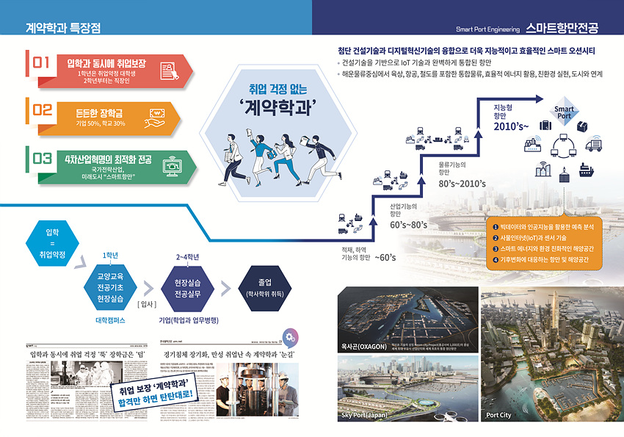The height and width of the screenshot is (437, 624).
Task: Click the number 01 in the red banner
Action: pyautogui.click(x=41, y=65)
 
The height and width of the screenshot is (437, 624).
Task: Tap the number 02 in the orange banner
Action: pyautogui.click(x=42, y=112)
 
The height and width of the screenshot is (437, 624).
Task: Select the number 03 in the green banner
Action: pyautogui.click(x=42, y=159)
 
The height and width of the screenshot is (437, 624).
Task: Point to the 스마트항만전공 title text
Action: pyautogui.click(x=562, y=29)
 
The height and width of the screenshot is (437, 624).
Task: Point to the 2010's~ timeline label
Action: pyautogui.click(x=512, y=126)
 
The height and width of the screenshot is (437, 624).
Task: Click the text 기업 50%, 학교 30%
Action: pyautogui.click(x=101, y=123)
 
